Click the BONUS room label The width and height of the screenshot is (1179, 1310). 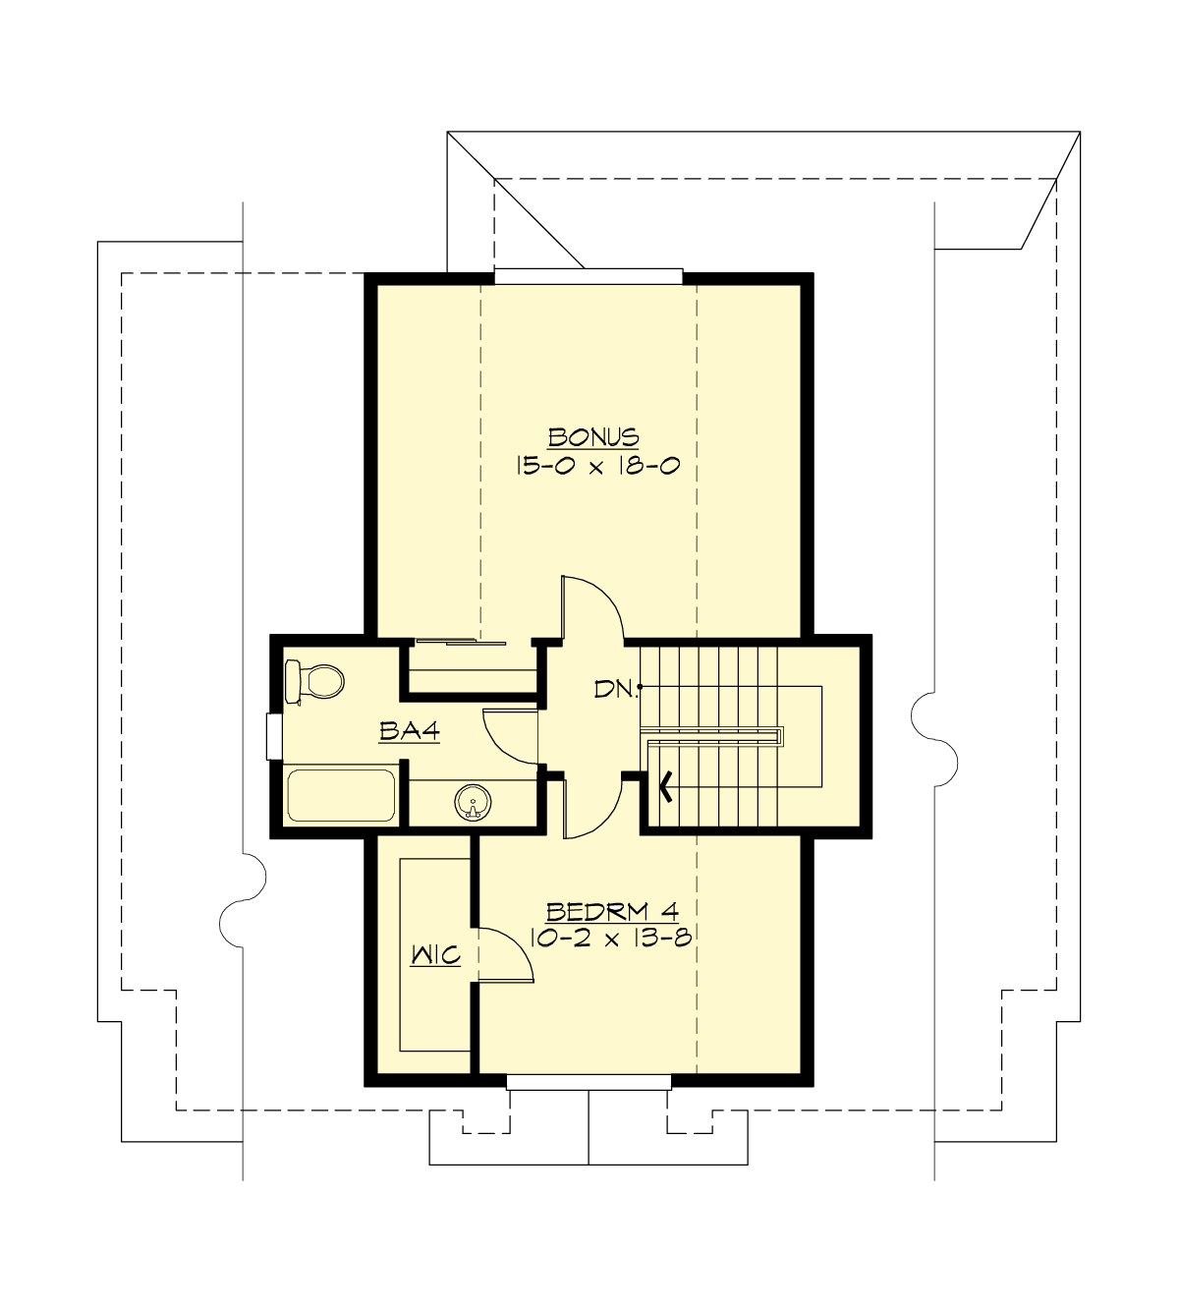(x=593, y=436)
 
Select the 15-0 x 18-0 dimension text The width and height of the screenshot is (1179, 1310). (x=597, y=466)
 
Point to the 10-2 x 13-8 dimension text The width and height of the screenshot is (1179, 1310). (x=611, y=938)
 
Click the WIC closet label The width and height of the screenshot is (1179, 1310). (x=435, y=954)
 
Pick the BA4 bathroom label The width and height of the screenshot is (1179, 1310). (x=408, y=731)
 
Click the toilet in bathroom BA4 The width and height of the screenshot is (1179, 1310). (x=313, y=680)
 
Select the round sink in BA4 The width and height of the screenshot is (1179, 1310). (x=473, y=804)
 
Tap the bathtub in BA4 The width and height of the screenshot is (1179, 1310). (x=340, y=796)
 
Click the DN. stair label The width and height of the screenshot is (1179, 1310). (x=616, y=689)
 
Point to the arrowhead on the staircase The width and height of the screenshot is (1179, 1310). (x=667, y=786)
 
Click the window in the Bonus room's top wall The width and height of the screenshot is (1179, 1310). (x=588, y=276)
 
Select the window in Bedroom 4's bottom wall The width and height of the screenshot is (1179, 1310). (x=589, y=1082)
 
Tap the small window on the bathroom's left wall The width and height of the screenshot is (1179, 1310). (x=274, y=736)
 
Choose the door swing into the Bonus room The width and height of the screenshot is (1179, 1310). (x=592, y=609)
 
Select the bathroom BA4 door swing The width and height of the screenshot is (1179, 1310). (x=509, y=737)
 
